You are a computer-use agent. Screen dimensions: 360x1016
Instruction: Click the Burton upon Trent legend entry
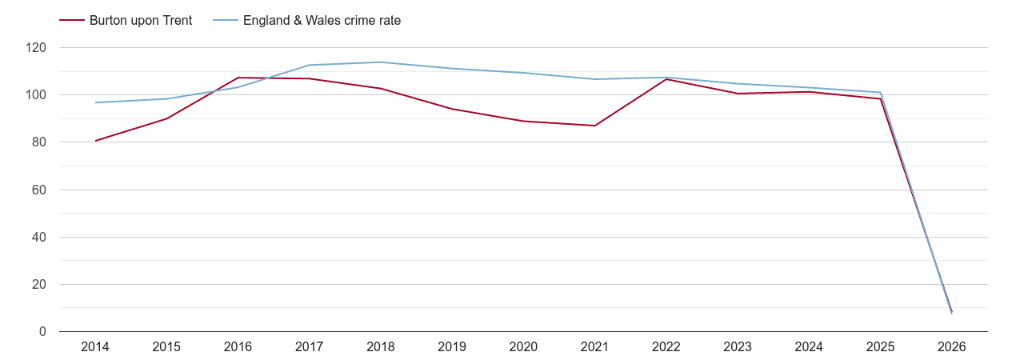point(141,21)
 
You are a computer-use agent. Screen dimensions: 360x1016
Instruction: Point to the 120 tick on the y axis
point(36,48)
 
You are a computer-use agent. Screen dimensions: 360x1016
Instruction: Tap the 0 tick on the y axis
point(42,332)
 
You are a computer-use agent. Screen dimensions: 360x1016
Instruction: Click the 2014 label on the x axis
point(95,347)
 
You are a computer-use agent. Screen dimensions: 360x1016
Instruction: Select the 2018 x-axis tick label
point(381,347)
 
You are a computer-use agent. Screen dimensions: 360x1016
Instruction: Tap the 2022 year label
point(666,347)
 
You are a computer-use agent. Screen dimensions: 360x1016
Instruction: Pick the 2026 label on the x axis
point(952,347)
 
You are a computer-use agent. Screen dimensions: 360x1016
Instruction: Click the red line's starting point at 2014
point(95,141)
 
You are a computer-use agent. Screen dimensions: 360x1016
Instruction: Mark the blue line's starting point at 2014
point(95,102)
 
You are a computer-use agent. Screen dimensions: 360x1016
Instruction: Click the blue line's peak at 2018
point(381,62)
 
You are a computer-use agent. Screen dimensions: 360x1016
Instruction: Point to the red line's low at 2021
point(594,126)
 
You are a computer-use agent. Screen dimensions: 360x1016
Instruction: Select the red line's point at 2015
point(166,118)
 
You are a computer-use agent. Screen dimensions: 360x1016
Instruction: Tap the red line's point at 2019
point(452,109)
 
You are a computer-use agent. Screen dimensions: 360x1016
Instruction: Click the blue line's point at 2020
point(523,73)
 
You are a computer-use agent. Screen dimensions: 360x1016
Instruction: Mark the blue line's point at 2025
point(880,92)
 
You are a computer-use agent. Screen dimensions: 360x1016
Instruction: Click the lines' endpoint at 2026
point(952,312)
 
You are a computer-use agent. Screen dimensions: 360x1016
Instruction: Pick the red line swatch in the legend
point(72,21)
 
